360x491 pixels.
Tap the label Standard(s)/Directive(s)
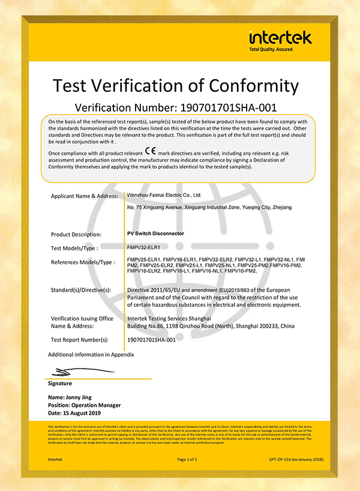point(81,290)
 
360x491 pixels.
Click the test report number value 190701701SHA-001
point(152,340)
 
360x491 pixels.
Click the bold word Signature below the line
point(59,384)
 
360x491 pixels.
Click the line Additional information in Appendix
point(91,355)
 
